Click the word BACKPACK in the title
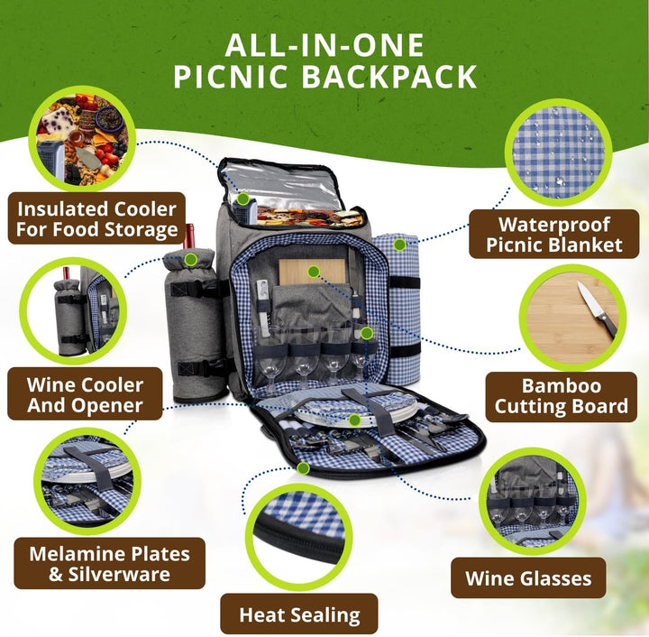(x=389, y=77)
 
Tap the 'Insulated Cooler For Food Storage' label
(x=96, y=218)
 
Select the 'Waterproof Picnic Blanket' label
(x=553, y=235)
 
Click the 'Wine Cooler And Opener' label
(x=85, y=394)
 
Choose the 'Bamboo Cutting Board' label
(x=562, y=396)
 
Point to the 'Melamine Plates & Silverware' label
(x=109, y=563)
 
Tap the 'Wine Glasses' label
(x=528, y=578)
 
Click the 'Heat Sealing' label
(x=299, y=614)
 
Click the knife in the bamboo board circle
(x=598, y=309)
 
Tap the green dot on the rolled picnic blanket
(x=399, y=245)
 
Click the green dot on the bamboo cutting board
(x=314, y=272)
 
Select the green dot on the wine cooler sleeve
(x=190, y=260)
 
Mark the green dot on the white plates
(x=354, y=420)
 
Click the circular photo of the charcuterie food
(x=82, y=139)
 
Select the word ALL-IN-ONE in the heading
(x=324, y=45)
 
